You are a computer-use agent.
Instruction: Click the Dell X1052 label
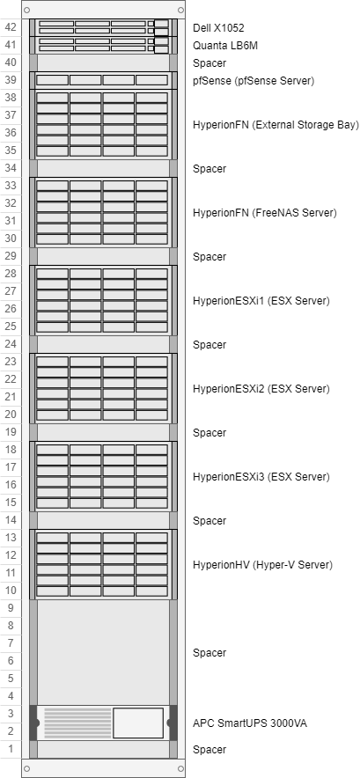pos(218,28)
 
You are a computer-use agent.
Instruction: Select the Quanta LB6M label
pos(225,46)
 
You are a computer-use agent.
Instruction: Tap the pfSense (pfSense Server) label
pos(253,81)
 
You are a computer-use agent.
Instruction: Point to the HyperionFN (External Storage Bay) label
pos(276,125)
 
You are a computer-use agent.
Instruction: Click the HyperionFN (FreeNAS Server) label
pos(265,213)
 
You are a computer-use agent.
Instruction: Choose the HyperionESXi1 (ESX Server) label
pos(261,301)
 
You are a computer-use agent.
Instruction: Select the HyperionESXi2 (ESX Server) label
pos(261,388)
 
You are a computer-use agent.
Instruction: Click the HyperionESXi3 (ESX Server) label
pos(261,477)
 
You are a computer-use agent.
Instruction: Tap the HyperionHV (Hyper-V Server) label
pos(262,565)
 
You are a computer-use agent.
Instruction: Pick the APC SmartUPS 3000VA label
pos(250,723)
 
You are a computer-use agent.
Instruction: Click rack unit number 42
pos(11,28)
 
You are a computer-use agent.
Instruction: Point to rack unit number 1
pos(11,749)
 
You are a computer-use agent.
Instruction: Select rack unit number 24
pos(11,344)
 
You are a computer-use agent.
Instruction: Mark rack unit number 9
pos(11,608)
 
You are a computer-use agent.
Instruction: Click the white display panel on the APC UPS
pos(138,723)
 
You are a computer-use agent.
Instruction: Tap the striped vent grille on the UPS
pos(77,723)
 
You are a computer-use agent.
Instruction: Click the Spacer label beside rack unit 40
pos(209,63)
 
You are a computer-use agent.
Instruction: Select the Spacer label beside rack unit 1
pos(209,750)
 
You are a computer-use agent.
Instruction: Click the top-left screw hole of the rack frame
pos(26,10)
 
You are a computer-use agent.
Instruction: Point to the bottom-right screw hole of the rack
pos(180,768)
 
